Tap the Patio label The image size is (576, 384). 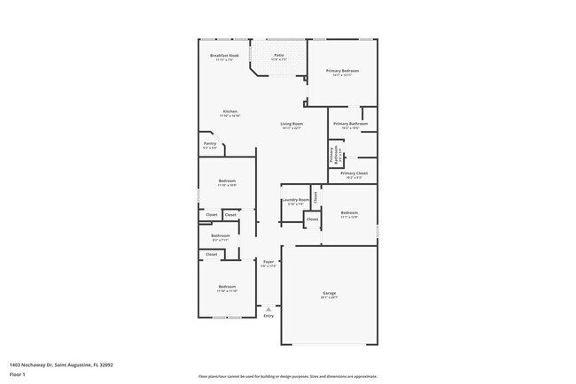tap(278, 55)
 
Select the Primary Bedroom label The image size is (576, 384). tap(342, 71)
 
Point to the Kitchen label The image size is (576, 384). tap(230, 111)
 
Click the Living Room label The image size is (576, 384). tap(292, 124)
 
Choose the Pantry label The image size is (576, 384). tap(210, 143)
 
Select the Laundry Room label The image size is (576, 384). tap(296, 200)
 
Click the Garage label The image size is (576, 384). tap(329, 293)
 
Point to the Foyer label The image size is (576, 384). tap(269, 262)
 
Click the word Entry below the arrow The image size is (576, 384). tap(269, 316)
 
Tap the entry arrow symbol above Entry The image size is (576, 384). tap(269, 308)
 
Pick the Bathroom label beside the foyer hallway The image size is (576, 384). tap(221, 235)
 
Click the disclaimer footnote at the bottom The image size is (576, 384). tap(287, 376)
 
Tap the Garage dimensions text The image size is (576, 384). tap(329, 297)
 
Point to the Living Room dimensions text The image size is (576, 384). tap(292, 128)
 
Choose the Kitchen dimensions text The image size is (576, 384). tap(230, 116)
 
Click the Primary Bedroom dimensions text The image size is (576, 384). tap(342, 75)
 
